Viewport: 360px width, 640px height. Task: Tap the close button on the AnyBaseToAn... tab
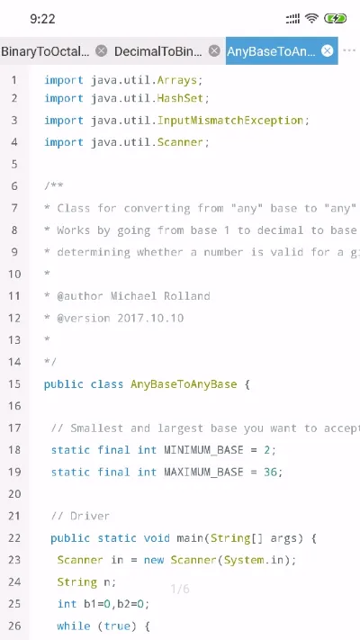tap(327, 51)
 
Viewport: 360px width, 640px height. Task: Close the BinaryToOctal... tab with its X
tap(101, 51)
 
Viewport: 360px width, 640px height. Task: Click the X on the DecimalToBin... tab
tap(214, 51)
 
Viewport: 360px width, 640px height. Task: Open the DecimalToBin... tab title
tap(158, 51)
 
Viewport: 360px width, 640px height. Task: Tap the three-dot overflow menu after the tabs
tap(349, 50)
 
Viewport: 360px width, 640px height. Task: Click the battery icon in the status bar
tap(335, 18)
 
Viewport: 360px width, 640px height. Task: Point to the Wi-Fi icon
tap(311, 18)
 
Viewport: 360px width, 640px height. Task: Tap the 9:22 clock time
tap(42, 19)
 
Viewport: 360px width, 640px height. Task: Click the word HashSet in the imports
tap(180, 98)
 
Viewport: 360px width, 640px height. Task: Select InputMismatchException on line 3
tap(230, 121)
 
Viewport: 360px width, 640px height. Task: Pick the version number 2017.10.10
tap(150, 318)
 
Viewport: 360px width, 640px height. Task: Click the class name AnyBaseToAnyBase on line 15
tap(184, 384)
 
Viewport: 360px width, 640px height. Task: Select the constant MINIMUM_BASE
tap(203, 450)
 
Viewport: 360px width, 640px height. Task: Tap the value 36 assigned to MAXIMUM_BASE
tap(270, 473)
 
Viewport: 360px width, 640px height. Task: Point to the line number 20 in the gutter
tap(14, 494)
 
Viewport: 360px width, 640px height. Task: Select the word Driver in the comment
tap(90, 517)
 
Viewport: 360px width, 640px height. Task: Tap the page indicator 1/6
tap(180, 589)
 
